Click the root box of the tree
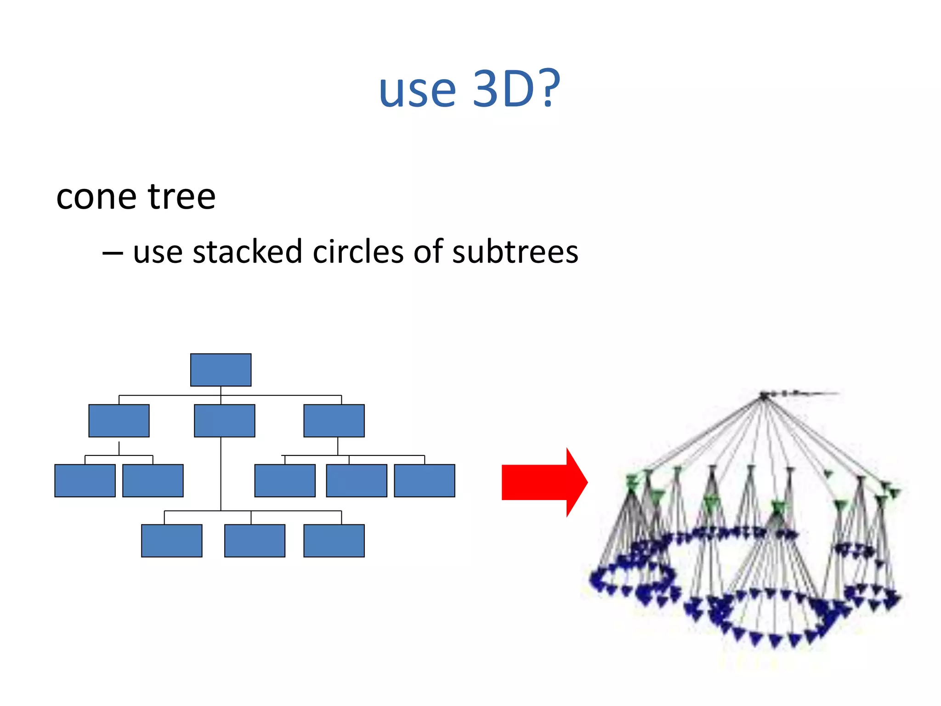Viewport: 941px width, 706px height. (221, 370)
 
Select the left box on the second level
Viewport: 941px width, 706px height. (119, 421)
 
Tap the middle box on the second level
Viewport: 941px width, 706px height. (225, 421)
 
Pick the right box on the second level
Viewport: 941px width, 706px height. (334, 421)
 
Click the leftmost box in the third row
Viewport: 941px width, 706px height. (85, 481)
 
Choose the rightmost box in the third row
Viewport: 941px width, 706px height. (425, 481)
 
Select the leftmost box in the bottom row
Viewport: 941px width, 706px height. (172, 541)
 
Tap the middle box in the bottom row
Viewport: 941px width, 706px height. (255, 541)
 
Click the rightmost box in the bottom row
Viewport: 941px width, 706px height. (334, 541)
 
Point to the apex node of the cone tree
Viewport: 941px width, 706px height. (764, 395)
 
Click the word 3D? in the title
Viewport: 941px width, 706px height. (516, 89)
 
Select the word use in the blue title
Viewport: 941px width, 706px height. (417, 90)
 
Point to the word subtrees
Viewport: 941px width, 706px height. (515, 252)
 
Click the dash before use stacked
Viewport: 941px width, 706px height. (113, 253)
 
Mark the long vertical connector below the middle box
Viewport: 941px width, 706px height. (221, 473)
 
